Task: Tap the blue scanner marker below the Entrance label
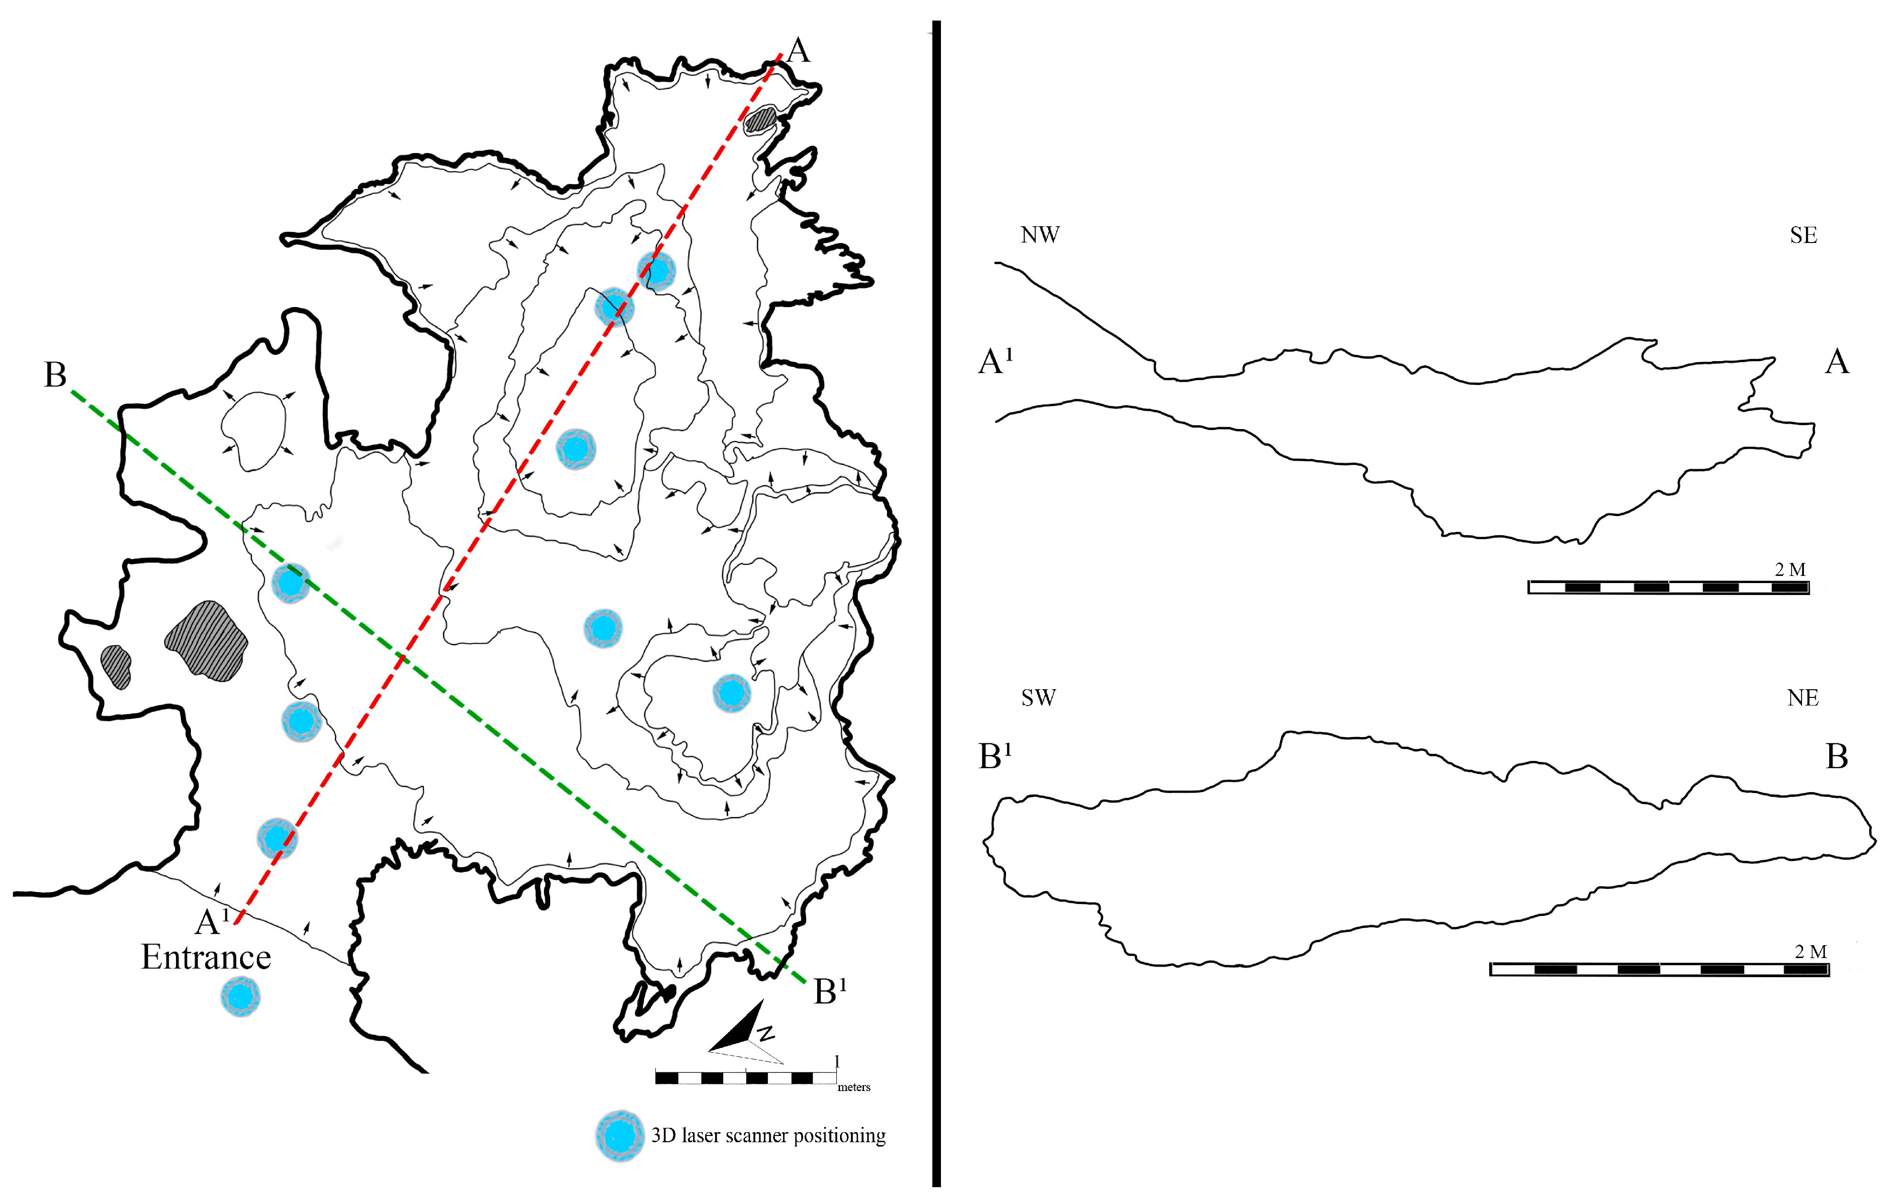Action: click(x=240, y=996)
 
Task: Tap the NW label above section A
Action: click(x=1039, y=235)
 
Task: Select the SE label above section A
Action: click(x=1803, y=235)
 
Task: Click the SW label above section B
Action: click(x=1038, y=698)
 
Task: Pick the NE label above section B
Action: click(x=1803, y=698)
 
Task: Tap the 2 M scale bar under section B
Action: click(x=1659, y=970)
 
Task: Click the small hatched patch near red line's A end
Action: click(x=760, y=119)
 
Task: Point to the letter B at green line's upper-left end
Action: click(x=55, y=375)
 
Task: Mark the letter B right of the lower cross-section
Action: click(x=1836, y=757)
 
